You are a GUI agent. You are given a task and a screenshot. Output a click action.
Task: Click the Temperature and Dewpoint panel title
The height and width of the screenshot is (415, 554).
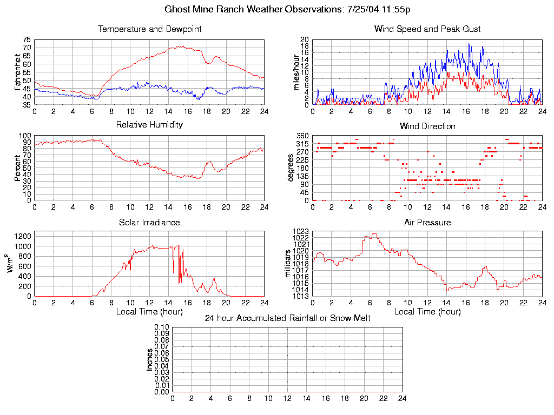pos(149,29)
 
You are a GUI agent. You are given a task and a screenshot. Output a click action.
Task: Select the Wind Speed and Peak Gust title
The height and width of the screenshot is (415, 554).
pos(427,29)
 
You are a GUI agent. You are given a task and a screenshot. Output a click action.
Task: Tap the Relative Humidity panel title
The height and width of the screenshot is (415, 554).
pos(149,124)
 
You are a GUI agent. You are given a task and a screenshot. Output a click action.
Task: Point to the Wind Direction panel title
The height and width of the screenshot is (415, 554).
pos(427,126)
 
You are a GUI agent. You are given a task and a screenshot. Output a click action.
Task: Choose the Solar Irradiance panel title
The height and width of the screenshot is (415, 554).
pos(149,222)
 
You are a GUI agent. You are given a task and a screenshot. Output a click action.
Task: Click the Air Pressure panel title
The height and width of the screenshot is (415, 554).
pos(427,222)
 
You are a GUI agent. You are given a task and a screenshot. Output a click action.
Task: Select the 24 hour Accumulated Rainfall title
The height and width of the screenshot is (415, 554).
pos(287,318)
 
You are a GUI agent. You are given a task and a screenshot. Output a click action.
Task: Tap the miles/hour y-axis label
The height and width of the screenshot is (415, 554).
pos(295,72)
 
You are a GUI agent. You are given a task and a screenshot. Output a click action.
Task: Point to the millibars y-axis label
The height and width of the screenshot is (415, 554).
pos(288,264)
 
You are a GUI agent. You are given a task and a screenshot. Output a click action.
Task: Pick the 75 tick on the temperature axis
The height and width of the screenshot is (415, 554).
pos(27,40)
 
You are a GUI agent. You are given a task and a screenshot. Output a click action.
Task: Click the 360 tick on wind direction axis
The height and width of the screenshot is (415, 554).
pos(302,136)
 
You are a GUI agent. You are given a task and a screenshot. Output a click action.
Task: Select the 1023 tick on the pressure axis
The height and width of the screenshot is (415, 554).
pos(300,232)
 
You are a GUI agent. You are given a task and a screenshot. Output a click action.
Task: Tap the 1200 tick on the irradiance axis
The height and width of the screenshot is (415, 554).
pos(23,236)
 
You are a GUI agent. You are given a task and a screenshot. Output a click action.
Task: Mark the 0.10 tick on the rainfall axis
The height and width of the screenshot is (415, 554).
pos(162,327)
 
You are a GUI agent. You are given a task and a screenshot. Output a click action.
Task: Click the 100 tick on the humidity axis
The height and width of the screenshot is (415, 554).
pos(25,136)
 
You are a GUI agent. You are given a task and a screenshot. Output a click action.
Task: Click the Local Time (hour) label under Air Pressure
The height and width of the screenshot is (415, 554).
pos(427,311)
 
